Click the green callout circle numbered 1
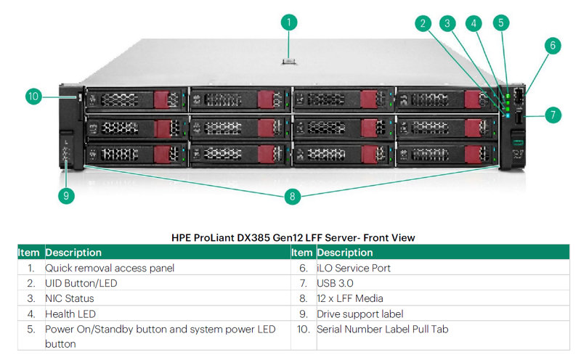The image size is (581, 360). (x=288, y=22)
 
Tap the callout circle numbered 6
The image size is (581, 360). (x=553, y=46)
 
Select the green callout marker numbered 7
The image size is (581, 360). (x=553, y=114)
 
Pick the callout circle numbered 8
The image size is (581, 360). (x=293, y=195)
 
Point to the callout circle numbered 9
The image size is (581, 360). (x=67, y=195)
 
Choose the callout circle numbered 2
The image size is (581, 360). (x=423, y=22)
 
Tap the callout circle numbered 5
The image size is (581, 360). (x=500, y=22)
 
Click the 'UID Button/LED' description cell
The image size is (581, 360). (x=81, y=283)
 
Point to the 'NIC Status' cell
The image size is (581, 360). (x=69, y=298)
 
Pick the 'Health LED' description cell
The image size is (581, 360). (x=70, y=314)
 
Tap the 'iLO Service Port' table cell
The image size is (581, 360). (x=354, y=268)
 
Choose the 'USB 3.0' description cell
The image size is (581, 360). (x=335, y=283)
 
